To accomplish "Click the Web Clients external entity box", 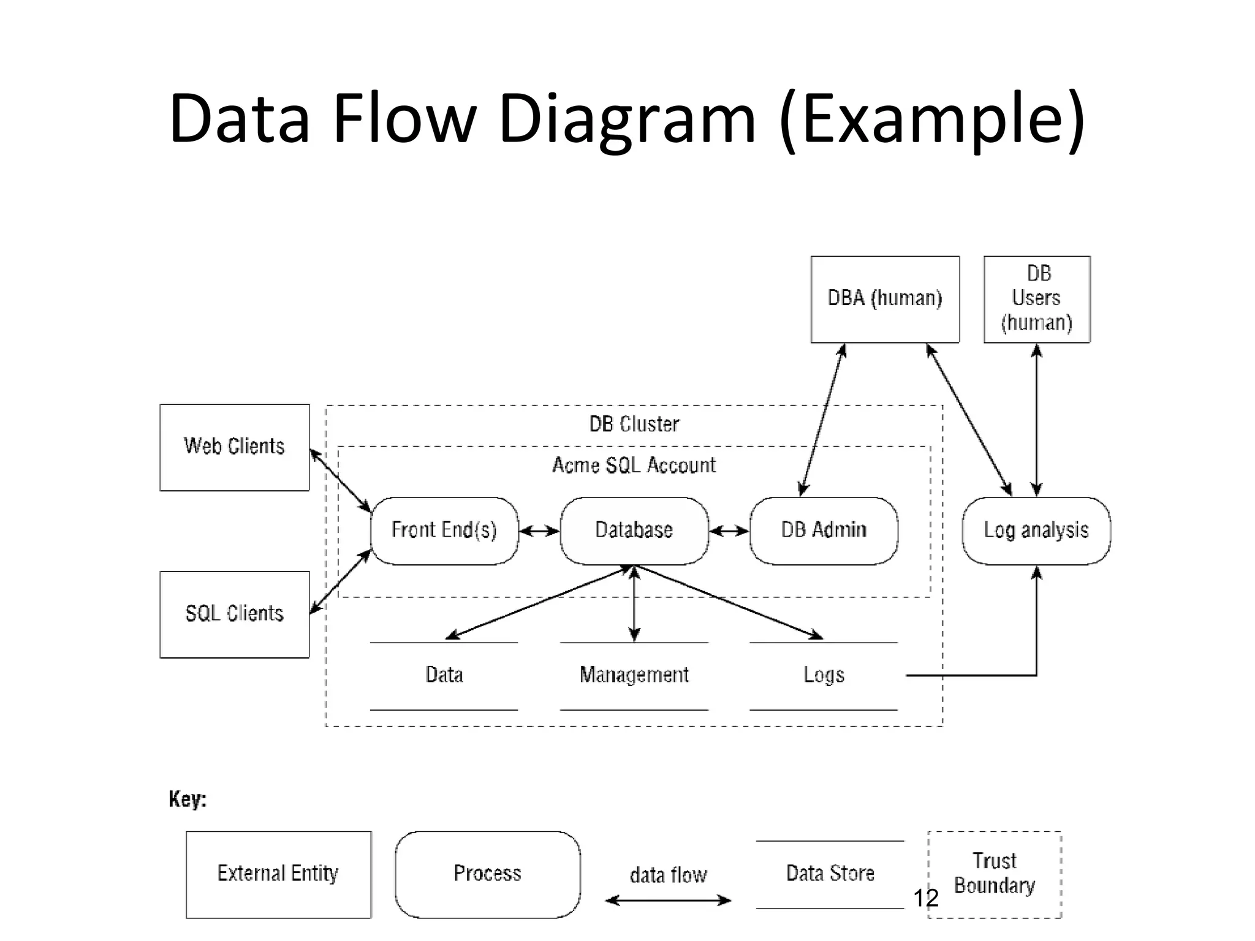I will pos(234,447).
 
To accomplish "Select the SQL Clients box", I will pos(234,614).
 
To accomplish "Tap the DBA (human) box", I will pos(885,299).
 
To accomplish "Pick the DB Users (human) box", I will pos(1037,299).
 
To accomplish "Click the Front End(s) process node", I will pos(444,531).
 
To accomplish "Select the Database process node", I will pos(634,531).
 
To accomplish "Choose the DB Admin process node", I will pos(824,531).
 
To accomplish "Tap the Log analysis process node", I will pos(1036,531).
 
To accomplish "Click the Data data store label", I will pos(444,675).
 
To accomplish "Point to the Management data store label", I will pos(634,675).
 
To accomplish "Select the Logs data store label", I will pos(824,675).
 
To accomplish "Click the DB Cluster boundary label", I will pos(634,424).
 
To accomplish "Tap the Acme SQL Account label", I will pos(634,465).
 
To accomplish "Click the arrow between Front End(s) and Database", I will pos(539,531).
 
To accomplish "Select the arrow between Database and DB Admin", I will pos(729,531).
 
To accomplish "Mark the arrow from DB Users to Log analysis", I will pos(1037,420).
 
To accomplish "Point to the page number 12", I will pos(925,898).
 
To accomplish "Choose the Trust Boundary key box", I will pos(995,874).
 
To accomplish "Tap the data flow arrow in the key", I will pos(668,900).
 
